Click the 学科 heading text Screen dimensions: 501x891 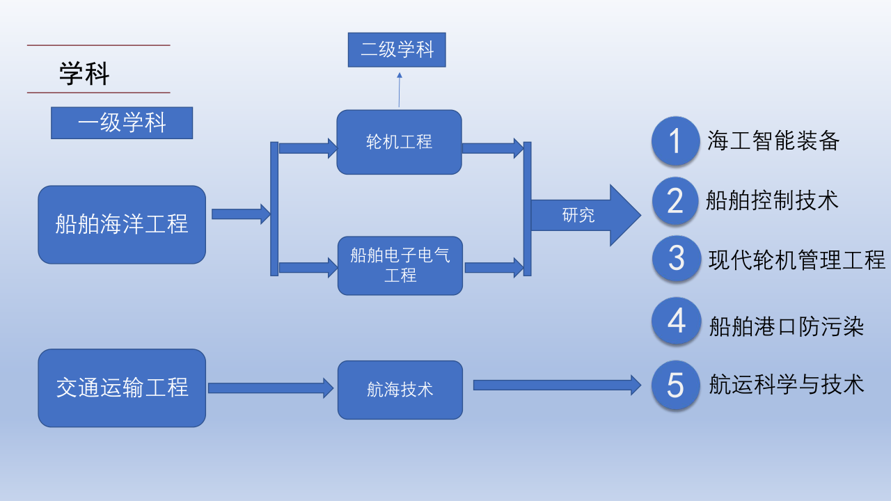(84, 74)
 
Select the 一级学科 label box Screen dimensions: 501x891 (122, 123)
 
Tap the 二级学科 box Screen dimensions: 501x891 (397, 50)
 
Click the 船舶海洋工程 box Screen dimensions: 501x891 (122, 224)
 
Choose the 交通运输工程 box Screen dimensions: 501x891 (122, 388)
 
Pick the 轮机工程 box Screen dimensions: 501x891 (399, 142)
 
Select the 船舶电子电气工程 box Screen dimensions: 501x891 (400, 265)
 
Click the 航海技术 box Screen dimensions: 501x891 (400, 390)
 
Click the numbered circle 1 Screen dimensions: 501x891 (675, 141)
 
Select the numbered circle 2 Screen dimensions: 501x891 (675, 201)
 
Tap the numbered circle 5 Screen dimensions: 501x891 (675, 385)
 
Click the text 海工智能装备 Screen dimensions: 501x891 (773, 141)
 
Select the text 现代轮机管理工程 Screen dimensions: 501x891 (796, 260)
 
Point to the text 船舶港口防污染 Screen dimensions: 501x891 (787, 326)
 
